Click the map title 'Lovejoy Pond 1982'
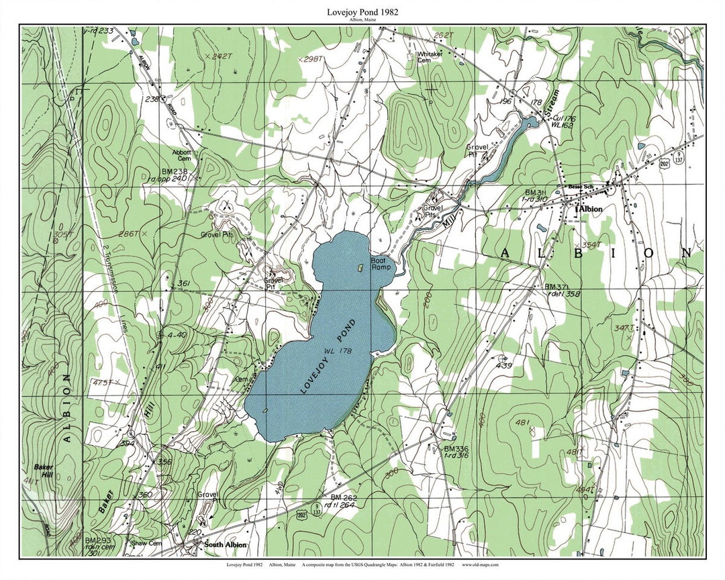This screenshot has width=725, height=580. point(362,11)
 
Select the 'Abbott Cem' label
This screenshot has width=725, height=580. point(181,155)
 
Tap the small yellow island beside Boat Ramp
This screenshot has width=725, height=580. point(360,267)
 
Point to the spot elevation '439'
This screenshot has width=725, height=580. point(503,366)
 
